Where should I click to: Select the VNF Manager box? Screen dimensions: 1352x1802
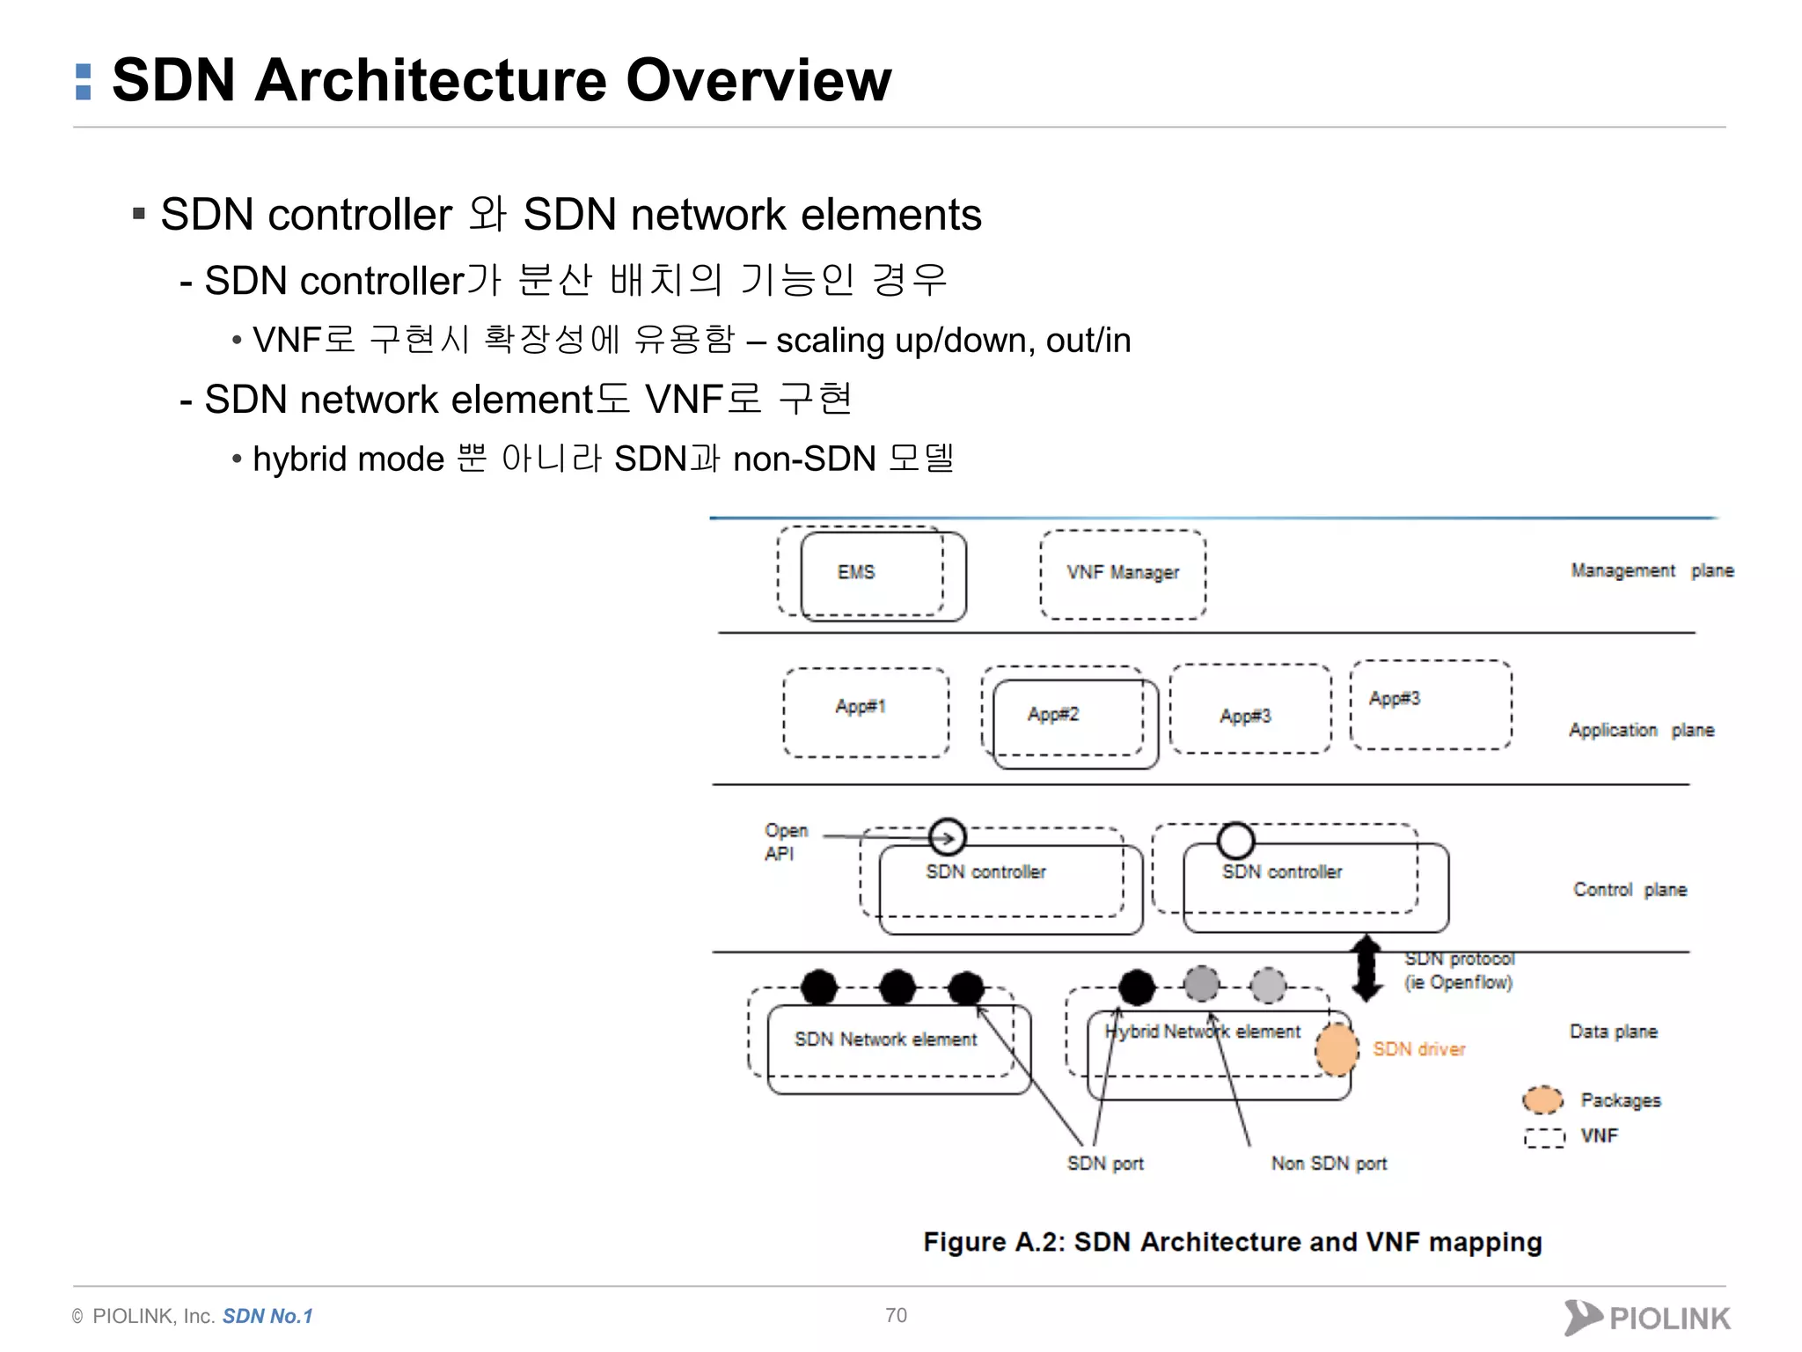pos(1123,573)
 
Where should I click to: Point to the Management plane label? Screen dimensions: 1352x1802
pos(1652,570)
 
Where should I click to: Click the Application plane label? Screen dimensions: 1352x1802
pos(1641,730)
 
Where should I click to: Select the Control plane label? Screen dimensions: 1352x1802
pos(1630,889)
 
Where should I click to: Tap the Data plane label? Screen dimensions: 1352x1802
pos(1613,1031)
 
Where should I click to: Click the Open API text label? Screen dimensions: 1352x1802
pos(785,841)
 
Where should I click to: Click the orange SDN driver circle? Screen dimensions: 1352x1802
pos(1337,1049)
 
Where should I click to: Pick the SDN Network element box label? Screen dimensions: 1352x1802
pos(885,1040)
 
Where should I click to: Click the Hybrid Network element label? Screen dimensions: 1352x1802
pos(1203,1032)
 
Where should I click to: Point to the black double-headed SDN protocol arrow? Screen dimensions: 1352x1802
pos(1366,968)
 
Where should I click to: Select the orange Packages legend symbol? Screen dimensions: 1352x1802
pos(1542,1099)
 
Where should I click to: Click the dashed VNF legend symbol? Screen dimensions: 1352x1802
pos(1544,1137)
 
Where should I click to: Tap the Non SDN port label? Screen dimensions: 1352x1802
pos(1329,1164)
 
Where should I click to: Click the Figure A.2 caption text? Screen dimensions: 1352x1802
pos(1232,1242)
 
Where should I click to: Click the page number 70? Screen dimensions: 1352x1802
pos(896,1315)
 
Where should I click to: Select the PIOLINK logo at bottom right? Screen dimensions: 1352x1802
pos(1647,1318)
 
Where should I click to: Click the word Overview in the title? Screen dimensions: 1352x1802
pos(758,80)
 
